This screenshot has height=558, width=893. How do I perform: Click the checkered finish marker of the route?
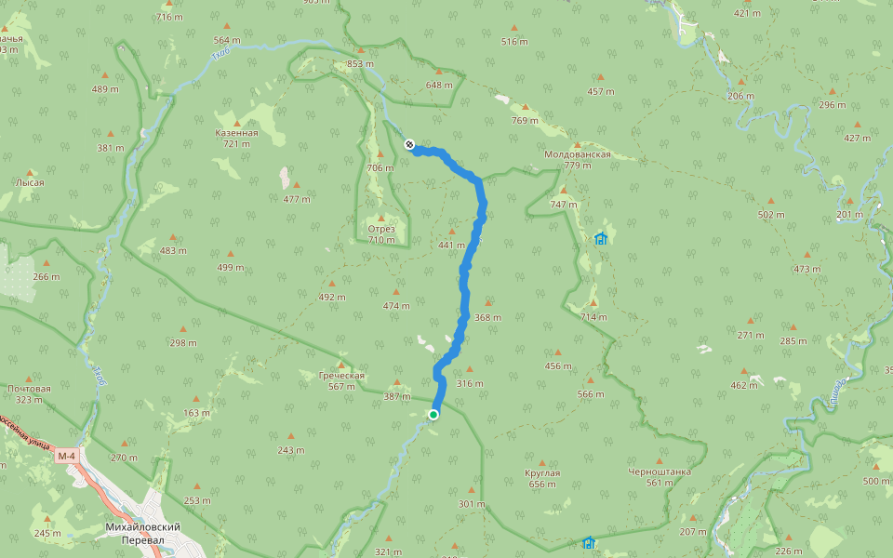click(409, 143)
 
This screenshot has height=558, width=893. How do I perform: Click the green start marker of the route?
click(433, 414)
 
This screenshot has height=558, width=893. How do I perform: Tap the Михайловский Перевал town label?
click(142, 533)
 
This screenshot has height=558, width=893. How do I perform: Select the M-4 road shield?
click(66, 456)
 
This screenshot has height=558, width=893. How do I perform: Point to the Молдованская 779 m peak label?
click(578, 159)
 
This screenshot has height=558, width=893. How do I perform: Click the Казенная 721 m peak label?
click(236, 138)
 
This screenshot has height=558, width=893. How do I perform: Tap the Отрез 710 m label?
click(381, 234)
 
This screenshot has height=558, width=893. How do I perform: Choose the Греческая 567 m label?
click(342, 381)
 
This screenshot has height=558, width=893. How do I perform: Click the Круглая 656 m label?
click(542, 478)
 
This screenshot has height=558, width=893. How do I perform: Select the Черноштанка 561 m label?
click(660, 476)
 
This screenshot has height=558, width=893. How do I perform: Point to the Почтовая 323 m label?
click(29, 393)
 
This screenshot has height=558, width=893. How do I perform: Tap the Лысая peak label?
click(29, 182)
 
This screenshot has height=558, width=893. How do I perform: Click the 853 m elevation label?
click(361, 63)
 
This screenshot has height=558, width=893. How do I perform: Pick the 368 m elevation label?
click(487, 317)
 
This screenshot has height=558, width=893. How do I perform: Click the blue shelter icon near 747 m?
click(601, 238)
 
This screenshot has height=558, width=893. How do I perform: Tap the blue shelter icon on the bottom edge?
click(588, 542)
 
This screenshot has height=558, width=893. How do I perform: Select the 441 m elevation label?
click(451, 245)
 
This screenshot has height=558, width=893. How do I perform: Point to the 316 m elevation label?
click(470, 383)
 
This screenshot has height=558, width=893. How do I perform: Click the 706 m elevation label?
click(380, 167)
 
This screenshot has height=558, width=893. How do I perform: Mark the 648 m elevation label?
click(439, 85)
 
